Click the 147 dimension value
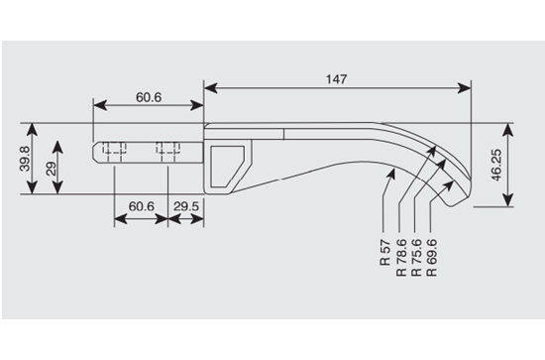click(x=337, y=79)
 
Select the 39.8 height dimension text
click(x=25, y=159)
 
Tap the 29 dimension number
click(x=51, y=169)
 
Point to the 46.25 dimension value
click(x=496, y=165)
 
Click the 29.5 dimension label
click(x=186, y=206)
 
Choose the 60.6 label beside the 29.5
click(x=142, y=206)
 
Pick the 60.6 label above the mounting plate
click(x=149, y=97)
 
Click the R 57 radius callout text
click(x=385, y=253)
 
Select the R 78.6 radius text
click(x=401, y=258)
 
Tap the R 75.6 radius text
click(x=416, y=258)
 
